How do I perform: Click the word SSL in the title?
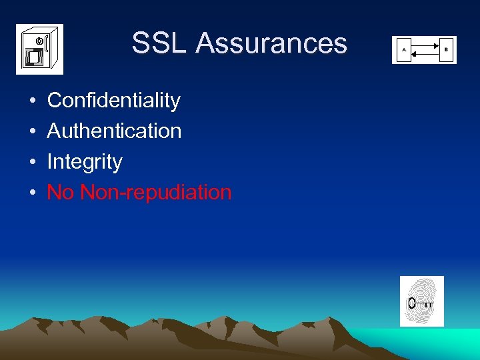point(159,43)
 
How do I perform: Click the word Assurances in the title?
point(271,43)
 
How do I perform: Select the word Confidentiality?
point(114,101)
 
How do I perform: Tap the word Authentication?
point(114,131)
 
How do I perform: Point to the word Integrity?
point(85,162)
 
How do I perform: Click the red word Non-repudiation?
point(155,193)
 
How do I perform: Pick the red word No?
point(60,193)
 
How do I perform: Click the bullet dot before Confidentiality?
point(32,101)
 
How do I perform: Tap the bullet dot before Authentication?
point(32,132)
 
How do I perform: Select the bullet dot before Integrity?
point(32,163)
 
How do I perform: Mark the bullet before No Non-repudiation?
point(32,193)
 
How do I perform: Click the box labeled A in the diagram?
point(403,50)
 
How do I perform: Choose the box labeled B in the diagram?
point(447,50)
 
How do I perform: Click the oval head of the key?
point(412,303)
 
